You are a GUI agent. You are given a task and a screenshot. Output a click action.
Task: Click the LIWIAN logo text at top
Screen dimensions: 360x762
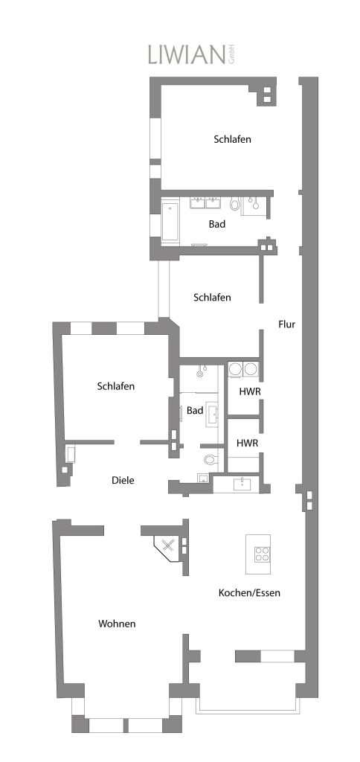187,54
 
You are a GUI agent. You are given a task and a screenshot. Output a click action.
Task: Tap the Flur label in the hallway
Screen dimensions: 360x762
287,324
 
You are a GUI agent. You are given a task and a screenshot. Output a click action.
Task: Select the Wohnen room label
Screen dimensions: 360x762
117,624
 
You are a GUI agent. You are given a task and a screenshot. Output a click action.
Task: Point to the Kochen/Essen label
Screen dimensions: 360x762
249,593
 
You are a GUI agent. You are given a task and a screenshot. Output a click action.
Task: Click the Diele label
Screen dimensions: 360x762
123,480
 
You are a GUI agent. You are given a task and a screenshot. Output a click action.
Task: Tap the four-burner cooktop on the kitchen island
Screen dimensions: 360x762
263,554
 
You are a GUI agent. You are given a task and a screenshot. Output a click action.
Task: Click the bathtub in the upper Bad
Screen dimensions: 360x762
170,221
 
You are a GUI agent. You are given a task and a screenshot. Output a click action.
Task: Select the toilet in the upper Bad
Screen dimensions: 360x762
235,204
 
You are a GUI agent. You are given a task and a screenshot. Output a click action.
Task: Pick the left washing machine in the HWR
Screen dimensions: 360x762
236,369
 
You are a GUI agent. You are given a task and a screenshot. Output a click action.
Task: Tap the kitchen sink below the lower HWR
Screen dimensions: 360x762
241,484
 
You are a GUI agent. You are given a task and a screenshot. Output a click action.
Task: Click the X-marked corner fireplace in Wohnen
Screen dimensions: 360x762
168,545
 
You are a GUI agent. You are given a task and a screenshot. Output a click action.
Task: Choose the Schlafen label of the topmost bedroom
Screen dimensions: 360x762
232,139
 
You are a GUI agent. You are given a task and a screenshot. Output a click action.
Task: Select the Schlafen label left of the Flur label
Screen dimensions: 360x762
212,298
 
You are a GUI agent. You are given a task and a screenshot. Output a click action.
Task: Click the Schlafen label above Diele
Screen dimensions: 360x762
115,386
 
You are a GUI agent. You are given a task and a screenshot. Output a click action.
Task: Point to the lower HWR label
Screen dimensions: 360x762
247,443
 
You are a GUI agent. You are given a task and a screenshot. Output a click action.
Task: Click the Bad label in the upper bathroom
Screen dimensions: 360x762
217,225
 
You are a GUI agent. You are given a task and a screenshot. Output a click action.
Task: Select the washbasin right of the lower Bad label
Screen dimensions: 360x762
213,414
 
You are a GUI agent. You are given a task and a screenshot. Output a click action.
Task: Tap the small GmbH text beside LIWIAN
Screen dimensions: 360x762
231,54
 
